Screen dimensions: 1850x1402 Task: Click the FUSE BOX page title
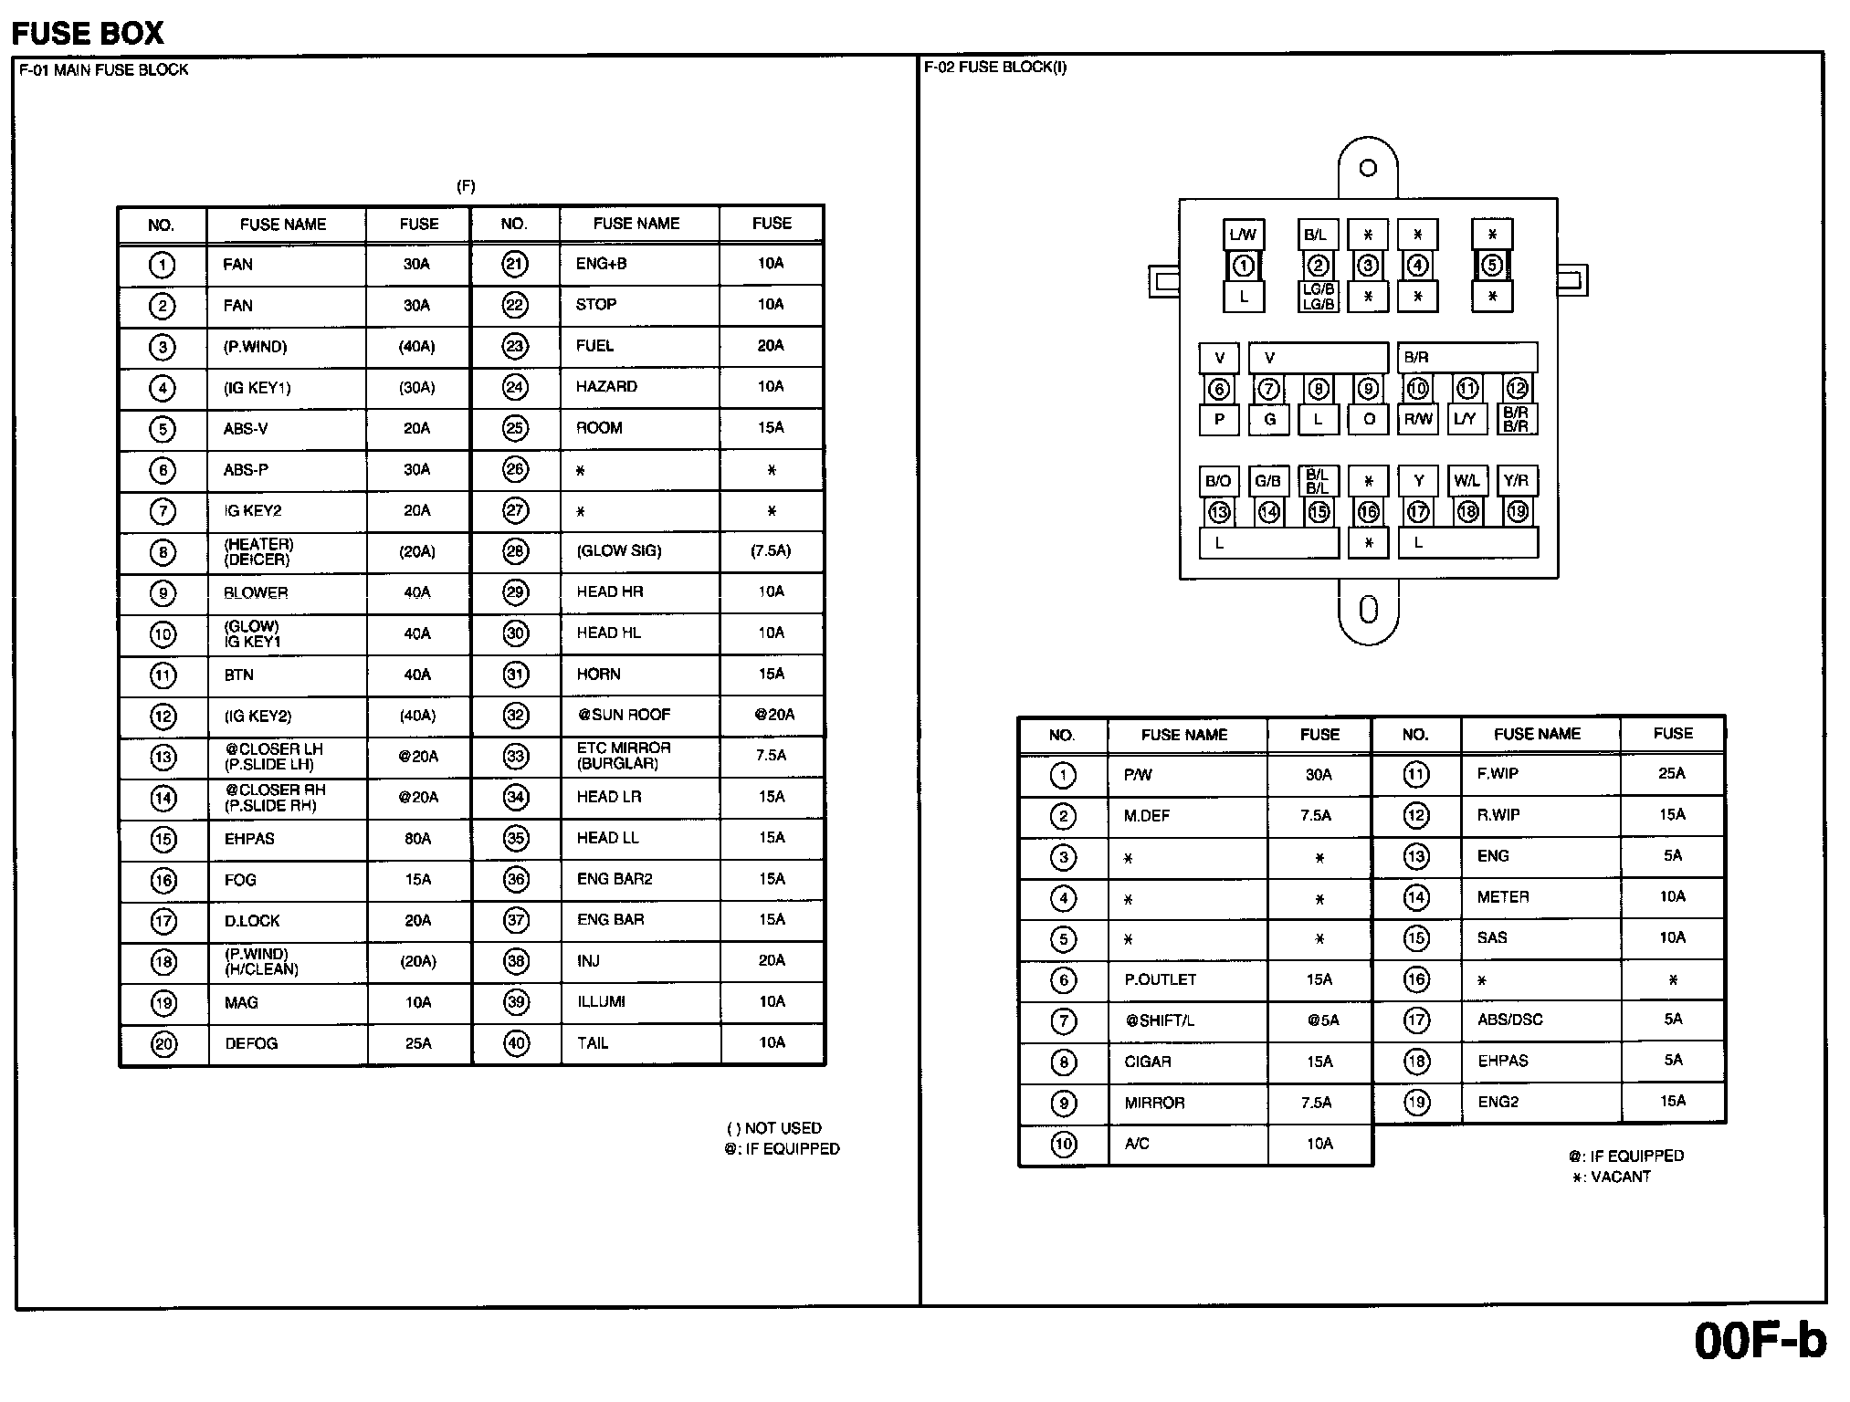[88, 34]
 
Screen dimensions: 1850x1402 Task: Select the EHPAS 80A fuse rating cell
[417, 839]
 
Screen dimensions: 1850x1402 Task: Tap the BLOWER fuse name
[256, 593]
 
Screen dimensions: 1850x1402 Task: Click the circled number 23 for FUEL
[515, 346]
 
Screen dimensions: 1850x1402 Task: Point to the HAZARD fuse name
[606, 387]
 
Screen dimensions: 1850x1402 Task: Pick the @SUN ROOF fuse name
[624, 715]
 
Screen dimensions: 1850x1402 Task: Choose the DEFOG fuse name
[251, 1043]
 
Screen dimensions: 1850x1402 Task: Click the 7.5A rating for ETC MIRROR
[772, 756]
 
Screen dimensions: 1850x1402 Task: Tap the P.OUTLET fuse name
[1160, 979]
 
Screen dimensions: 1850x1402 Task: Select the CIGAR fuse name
[1148, 1062]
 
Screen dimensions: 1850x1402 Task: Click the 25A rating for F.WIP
[1672, 774]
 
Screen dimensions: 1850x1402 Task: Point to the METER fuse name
[1503, 897]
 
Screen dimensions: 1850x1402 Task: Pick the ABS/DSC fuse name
[1509, 1020]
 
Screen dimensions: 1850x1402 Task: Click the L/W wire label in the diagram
[1243, 235]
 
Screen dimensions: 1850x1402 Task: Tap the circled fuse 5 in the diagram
[1492, 266]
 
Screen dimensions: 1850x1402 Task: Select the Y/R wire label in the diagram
[1516, 481]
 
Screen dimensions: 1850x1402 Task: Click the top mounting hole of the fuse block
[1368, 168]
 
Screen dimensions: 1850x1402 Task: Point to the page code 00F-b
[1760, 1341]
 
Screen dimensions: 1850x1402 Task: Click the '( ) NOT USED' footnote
[774, 1128]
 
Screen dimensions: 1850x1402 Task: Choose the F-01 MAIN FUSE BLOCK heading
[104, 70]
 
